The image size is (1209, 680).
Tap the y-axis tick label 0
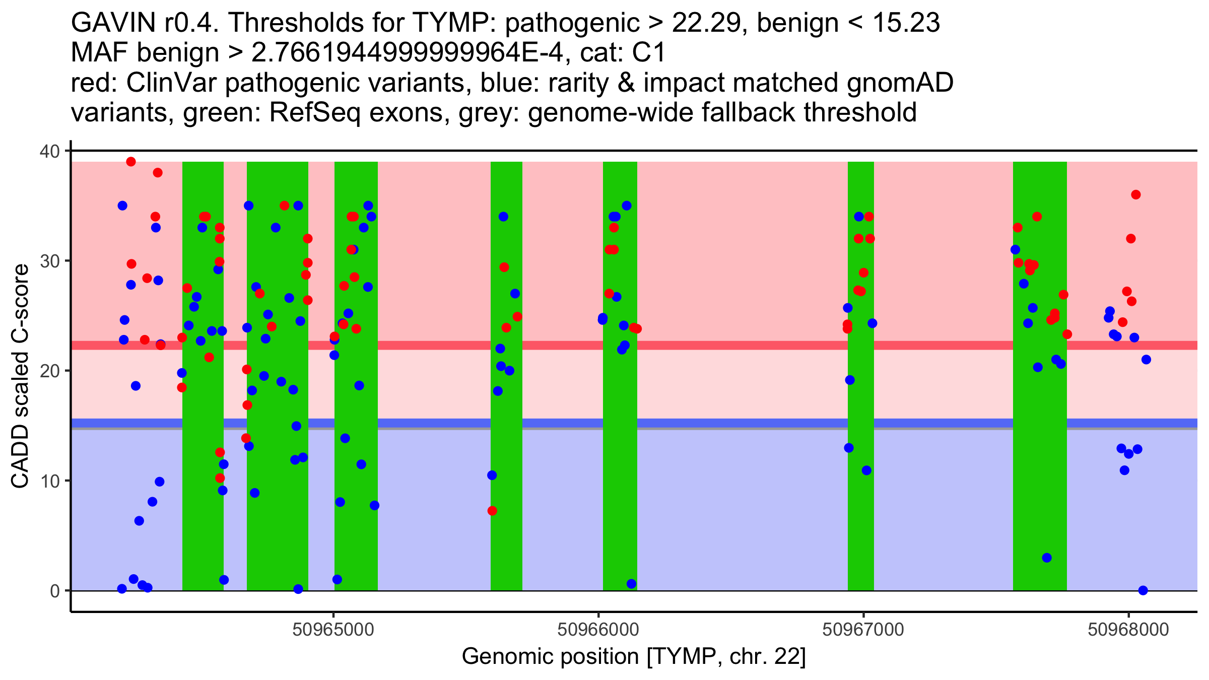pos(54,591)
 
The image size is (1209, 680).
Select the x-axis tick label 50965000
pos(333,630)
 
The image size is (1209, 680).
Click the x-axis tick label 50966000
pos(598,630)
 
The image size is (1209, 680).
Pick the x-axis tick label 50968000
pos(1128,630)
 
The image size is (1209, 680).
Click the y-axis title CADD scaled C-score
pos(20,377)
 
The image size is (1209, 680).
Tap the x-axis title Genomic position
pos(634,657)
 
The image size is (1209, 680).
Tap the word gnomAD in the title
pos(900,83)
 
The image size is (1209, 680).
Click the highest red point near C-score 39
pos(131,162)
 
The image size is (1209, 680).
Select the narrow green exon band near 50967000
pos(861,376)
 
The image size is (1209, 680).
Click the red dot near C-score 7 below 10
pos(492,511)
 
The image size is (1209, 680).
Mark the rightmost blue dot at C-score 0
pos(1143,590)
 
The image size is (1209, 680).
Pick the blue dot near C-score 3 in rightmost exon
pos(1047,558)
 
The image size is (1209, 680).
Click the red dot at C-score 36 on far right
pos(1136,195)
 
